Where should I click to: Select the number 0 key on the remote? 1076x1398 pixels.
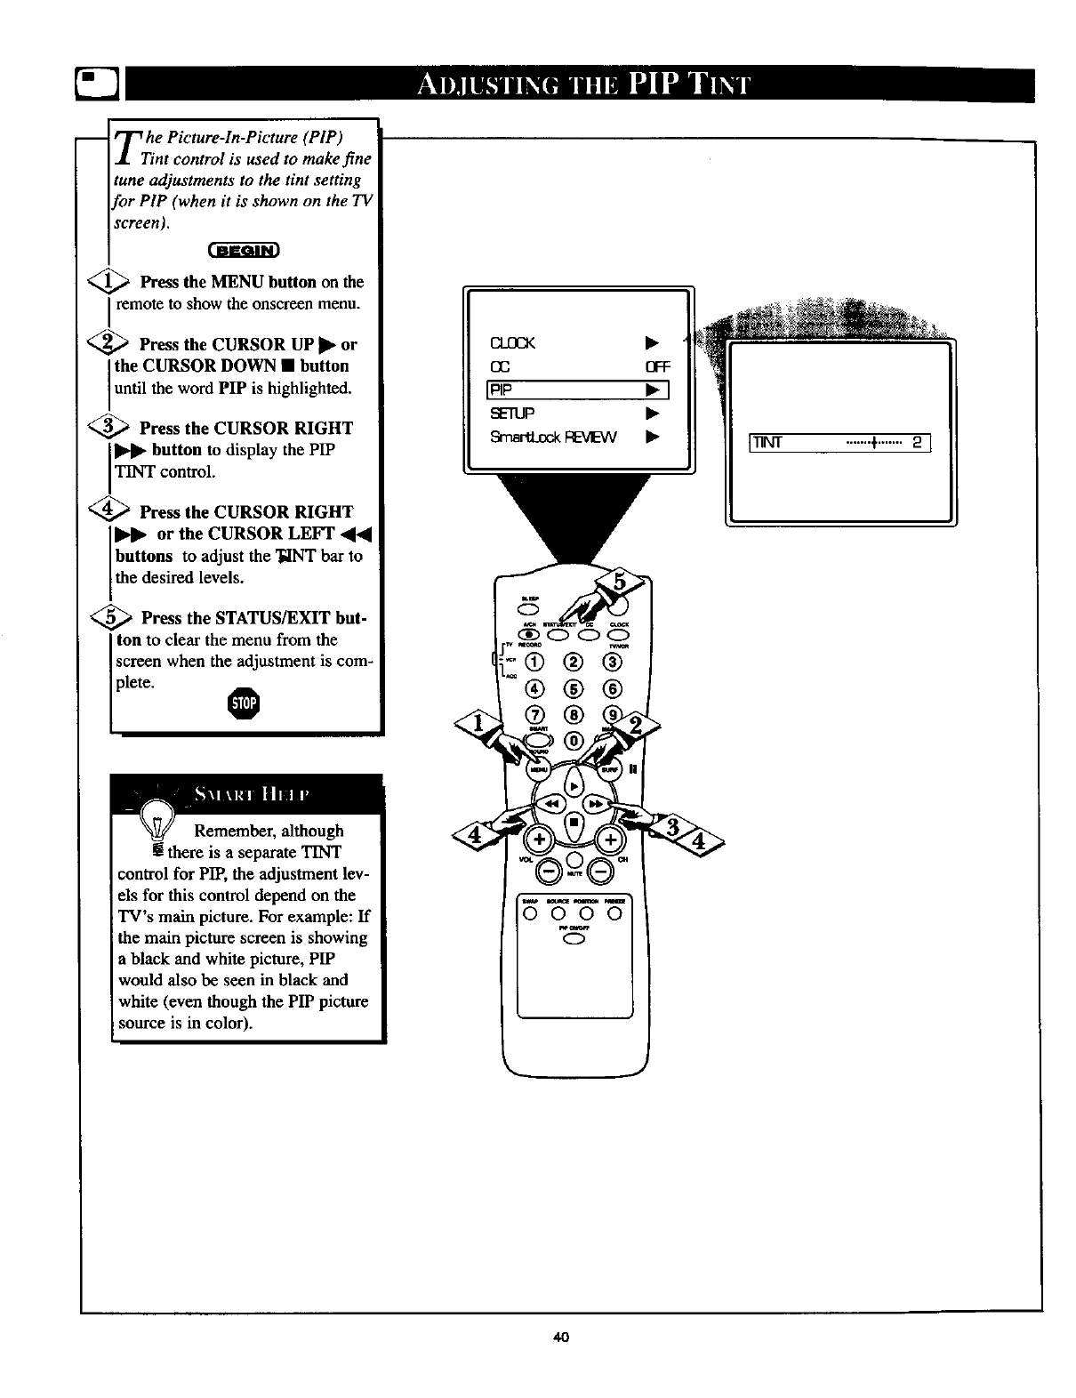[x=574, y=740]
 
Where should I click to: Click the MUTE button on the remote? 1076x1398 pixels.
[x=574, y=859]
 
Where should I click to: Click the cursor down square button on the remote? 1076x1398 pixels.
[x=574, y=824]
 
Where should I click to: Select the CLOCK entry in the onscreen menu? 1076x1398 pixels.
[x=513, y=344]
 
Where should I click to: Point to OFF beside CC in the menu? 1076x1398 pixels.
[x=657, y=367]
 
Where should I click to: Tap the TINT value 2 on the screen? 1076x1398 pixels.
[x=916, y=443]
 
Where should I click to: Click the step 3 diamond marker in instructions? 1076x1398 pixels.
[x=118, y=429]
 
